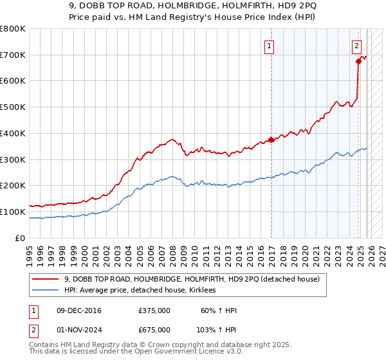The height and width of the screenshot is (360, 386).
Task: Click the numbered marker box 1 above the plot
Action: click(268, 46)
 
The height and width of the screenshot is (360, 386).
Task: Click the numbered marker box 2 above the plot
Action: click(356, 46)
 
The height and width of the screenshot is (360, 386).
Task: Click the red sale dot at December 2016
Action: click(271, 139)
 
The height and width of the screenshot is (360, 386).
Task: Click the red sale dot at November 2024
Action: click(358, 61)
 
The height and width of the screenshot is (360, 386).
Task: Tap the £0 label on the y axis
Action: click(21, 238)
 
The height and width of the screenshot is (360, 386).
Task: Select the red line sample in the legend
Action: click(45, 279)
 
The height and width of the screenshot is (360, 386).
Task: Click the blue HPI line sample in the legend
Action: click(45, 291)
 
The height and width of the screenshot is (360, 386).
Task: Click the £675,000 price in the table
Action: click(154, 329)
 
